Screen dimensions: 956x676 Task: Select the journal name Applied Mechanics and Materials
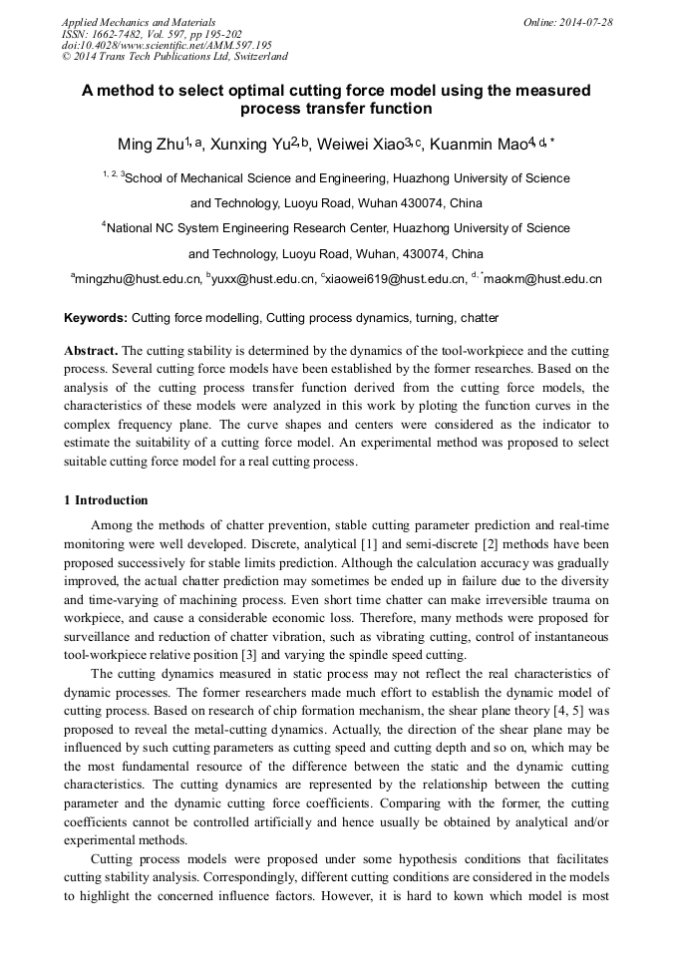pos(139,21)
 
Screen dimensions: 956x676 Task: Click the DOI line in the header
pos(167,45)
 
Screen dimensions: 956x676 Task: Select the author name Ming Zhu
pos(150,146)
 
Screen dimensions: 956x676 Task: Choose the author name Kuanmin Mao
pos(478,146)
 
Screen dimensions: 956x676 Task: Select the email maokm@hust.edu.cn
pos(547,280)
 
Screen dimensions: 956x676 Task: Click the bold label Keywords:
pos(96,318)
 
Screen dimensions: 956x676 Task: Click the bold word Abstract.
pos(91,352)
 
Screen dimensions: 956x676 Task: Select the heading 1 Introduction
pos(107,500)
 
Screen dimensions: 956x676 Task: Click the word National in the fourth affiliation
pos(131,228)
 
